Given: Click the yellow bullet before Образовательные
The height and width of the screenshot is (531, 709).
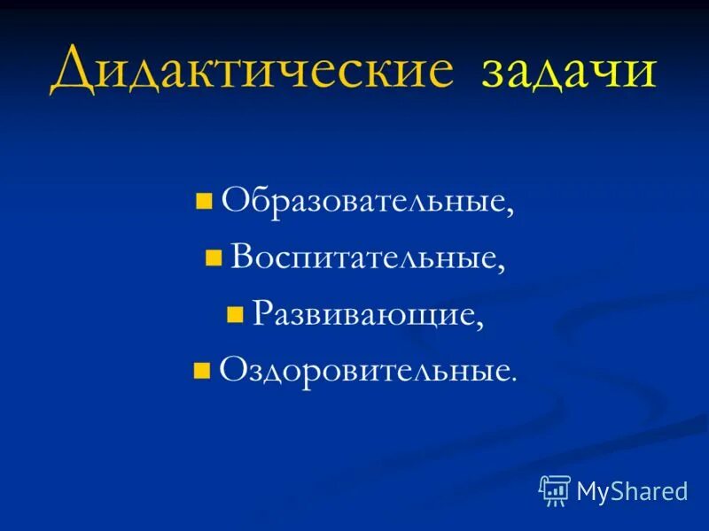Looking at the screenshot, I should [x=204, y=202].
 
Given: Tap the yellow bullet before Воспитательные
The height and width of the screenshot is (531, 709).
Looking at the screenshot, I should [x=213, y=258].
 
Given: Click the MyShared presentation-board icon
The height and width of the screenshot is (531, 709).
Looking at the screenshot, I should [x=555, y=489].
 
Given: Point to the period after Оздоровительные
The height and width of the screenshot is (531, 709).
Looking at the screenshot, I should [x=512, y=378].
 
